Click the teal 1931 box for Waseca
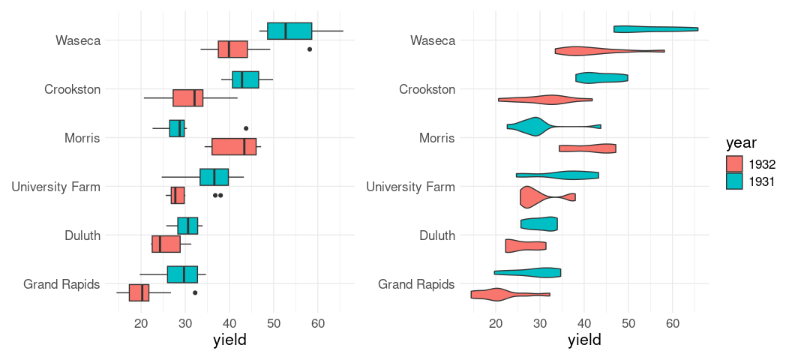coord(289,31)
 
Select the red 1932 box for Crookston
coord(187,98)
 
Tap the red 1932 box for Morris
coord(234,146)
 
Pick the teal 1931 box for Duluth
coord(187,226)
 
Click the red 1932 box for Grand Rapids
coord(139,292)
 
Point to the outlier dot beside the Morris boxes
coord(246,128)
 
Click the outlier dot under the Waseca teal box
coord(310,49)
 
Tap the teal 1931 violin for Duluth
coord(538,223)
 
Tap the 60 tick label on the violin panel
coord(672,323)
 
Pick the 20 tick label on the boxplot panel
coord(141,323)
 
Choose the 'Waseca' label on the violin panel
coord(433,40)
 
